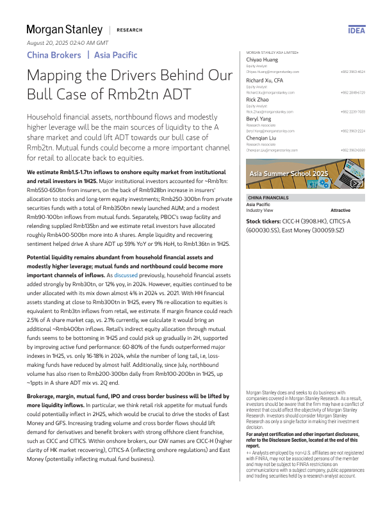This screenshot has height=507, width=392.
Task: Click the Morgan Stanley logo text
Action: tap(64, 29)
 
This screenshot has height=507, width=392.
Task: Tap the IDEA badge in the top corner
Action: tap(357, 30)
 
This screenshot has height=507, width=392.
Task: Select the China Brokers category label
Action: tap(54, 55)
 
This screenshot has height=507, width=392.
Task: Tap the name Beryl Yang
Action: tap(261, 119)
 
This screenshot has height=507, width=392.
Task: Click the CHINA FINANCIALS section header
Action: tap(268, 198)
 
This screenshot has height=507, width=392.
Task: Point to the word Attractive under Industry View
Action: tap(340, 210)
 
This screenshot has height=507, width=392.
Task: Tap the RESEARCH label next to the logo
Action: tap(129, 30)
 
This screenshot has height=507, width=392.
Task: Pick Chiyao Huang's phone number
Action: tap(352, 72)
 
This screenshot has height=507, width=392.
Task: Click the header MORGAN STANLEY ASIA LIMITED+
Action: tap(272, 52)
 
